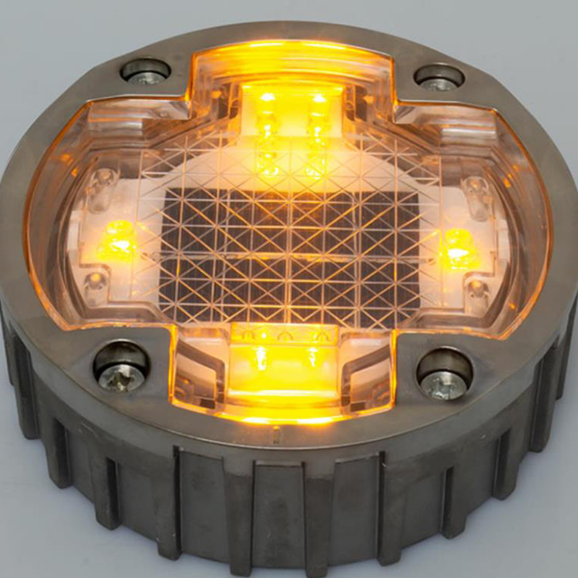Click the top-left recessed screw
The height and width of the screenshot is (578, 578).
(x=146, y=72)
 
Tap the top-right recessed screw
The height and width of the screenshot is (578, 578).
(x=439, y=78)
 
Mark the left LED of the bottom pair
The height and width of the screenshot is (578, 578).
(x=260, y=358)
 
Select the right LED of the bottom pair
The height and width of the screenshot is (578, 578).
(x=312, y=358)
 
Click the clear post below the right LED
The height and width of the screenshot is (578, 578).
(x=477, y=291)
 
